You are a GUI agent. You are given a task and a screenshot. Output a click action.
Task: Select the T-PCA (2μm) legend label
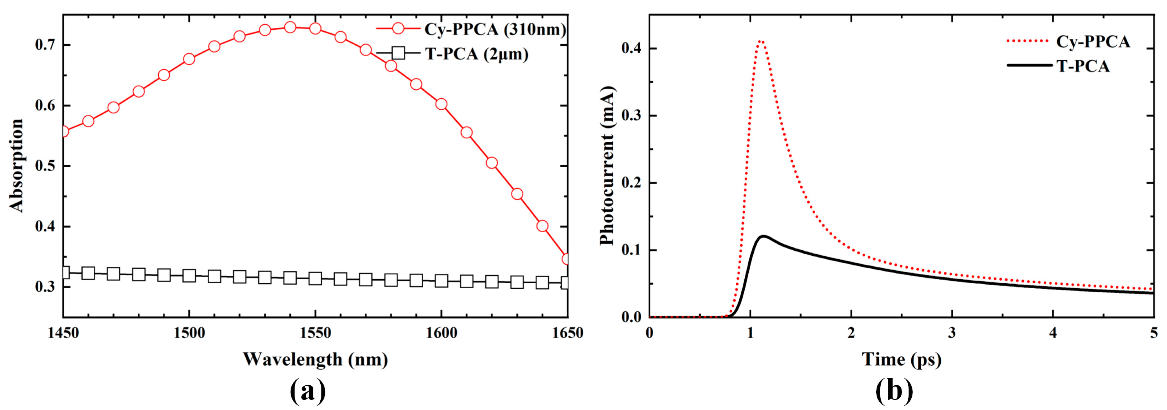477,54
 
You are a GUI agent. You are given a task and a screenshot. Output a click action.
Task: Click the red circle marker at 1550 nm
315,29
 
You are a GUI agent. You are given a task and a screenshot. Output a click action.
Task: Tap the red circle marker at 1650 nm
566,259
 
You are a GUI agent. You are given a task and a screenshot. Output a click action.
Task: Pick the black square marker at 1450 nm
64,272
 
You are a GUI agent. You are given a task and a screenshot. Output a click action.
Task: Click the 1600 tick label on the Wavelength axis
441,334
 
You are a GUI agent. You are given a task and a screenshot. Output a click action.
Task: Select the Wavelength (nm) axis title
315,359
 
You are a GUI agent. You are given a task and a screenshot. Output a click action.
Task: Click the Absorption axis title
16,166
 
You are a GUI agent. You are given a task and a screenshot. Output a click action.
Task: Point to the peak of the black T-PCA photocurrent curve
764,236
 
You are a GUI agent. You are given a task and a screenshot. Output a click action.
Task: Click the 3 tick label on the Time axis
952,334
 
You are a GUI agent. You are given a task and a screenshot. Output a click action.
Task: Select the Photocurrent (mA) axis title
607,166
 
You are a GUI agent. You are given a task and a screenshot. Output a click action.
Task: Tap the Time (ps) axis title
901,359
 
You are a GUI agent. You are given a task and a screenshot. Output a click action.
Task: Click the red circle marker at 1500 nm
189,59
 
